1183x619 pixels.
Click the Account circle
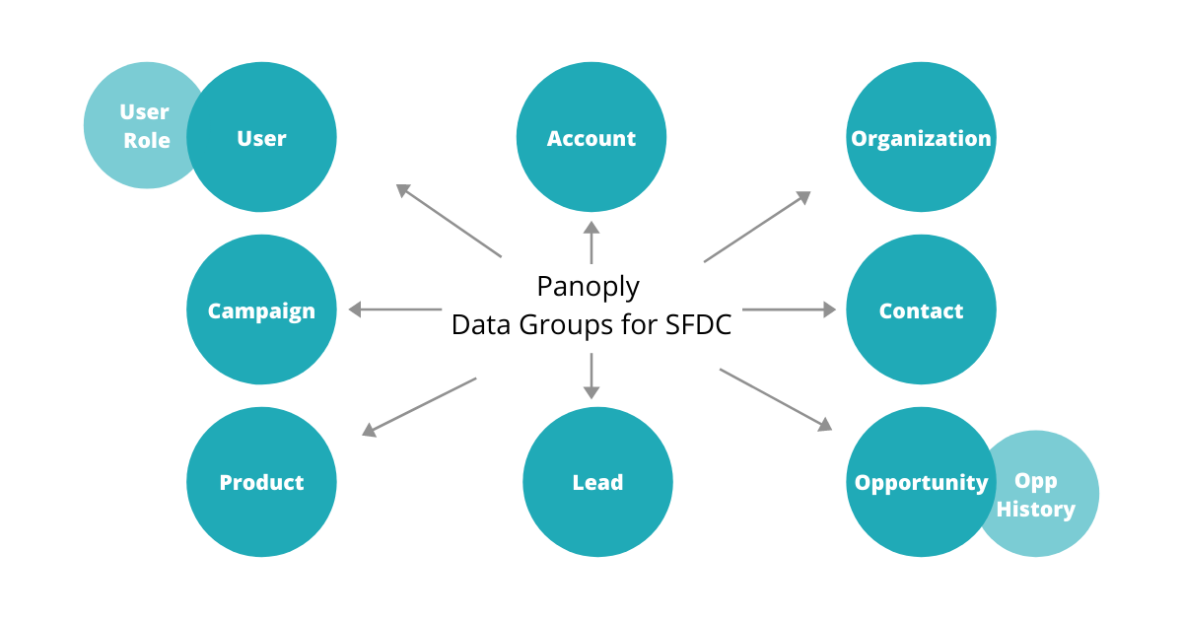tap(591, 138)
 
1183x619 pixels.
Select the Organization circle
tap(921, 138)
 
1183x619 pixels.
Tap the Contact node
tap(921, 309)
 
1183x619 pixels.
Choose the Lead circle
tap(597, 482)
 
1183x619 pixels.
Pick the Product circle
tap(261, 482)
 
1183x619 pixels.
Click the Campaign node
tap(261, 309)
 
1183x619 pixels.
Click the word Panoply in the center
tap(588, 287)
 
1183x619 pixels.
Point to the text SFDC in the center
tap(691, 324)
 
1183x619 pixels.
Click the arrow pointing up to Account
tap(591, 241)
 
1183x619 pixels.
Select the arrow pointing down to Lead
tap(591, 376)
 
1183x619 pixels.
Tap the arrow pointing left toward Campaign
tap(394, 309)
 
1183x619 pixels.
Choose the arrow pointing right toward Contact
tap(789, 309)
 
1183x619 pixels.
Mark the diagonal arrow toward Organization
tap(757, 227)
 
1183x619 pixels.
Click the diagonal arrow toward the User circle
tap(449, 221)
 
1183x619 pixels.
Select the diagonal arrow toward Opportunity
tap(776, 399)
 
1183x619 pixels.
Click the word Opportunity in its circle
tap(921, 483)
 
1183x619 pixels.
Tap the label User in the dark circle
tap(261, 139)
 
